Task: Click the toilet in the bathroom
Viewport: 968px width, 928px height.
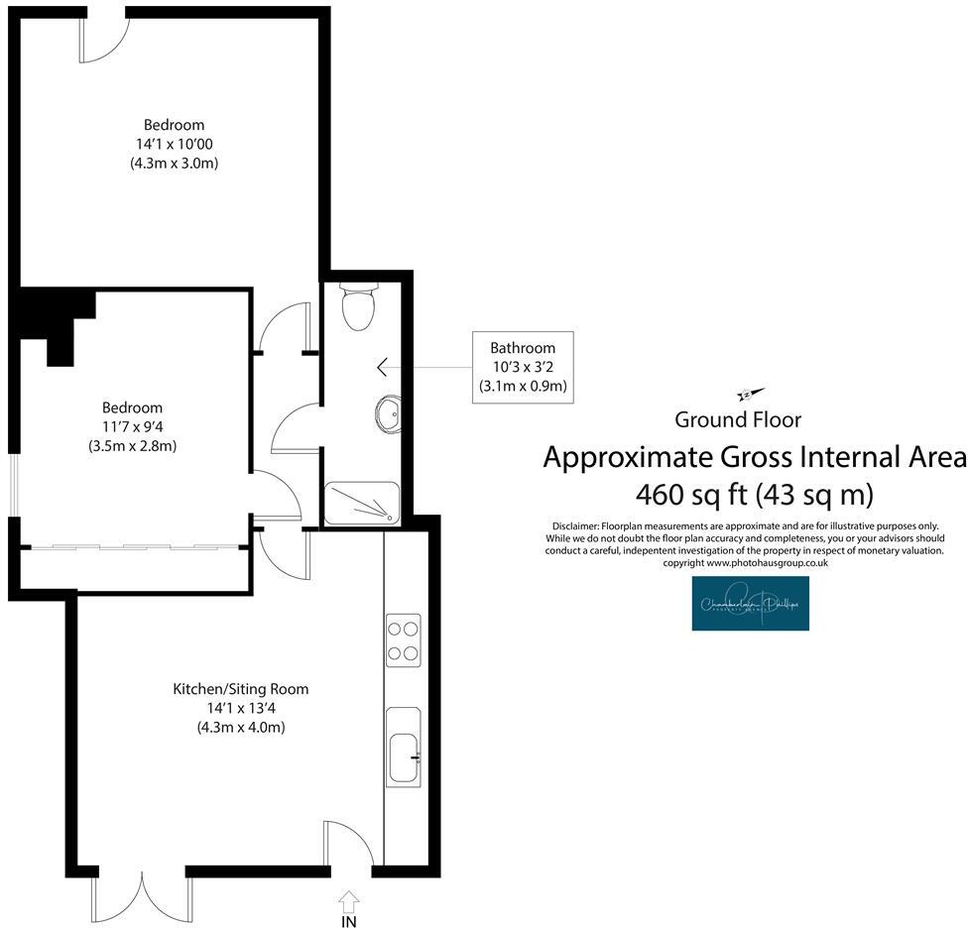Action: pos(357,303)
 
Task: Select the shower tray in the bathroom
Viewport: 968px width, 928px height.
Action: pos(362,503)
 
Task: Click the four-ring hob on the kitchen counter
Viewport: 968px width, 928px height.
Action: pos(403,639)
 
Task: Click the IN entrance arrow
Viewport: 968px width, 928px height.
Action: pos(349,900)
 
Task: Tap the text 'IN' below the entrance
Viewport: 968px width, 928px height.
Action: pos(349,921)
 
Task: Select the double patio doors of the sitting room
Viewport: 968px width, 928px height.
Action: pos(141,895)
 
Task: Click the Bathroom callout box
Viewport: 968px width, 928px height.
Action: pos(523,367)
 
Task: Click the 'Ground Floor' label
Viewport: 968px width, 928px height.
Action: pos(738,419)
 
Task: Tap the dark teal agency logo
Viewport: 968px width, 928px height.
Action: pos(751,604)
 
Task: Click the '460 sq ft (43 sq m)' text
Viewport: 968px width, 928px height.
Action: pos(754,493)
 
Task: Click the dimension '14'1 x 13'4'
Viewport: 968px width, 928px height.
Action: pos(241,708)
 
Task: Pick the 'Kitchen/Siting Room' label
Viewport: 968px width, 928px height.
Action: pos(241,688)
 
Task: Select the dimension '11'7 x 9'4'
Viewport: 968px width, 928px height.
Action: pos(132,426)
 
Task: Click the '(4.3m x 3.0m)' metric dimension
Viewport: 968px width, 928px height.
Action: pos(174,164)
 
